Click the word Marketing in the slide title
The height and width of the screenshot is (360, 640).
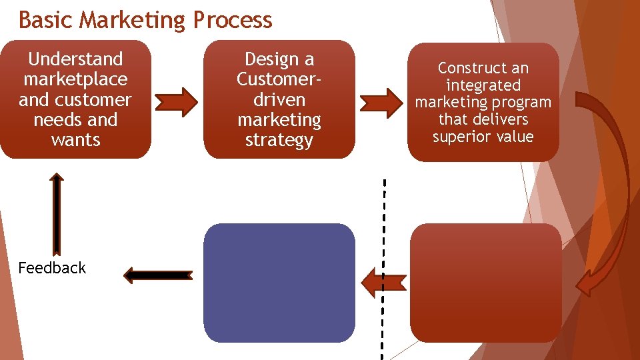coord(133,20)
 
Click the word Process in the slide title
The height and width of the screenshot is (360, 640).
coord(232,20)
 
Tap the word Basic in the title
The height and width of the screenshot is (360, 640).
coord(45,20)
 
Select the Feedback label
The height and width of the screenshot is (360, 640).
coord(52,268)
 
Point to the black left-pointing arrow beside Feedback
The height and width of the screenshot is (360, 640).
coord(158,274)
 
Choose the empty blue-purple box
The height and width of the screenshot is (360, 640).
coord(279,283)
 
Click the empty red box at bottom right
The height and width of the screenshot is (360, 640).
coord(485,283)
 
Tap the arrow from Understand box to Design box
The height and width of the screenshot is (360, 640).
coord(176,101)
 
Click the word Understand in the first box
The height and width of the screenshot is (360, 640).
coord(75,59)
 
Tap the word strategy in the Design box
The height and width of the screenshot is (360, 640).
coord(279,141)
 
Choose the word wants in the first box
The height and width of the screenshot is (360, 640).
coord(75,141)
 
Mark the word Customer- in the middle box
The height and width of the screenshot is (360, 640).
coord(279,79)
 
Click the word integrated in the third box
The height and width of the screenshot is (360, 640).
coord(483,85)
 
